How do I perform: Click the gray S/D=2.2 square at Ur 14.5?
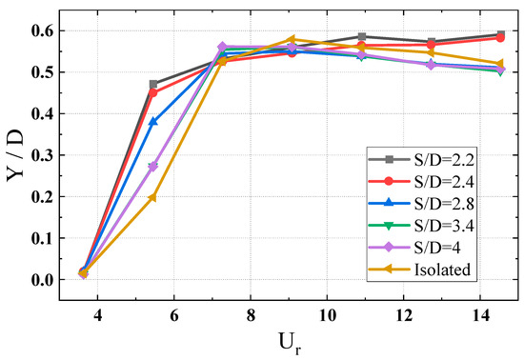[x=501, y=34]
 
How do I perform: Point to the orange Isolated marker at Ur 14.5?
[x=501, y=64]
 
